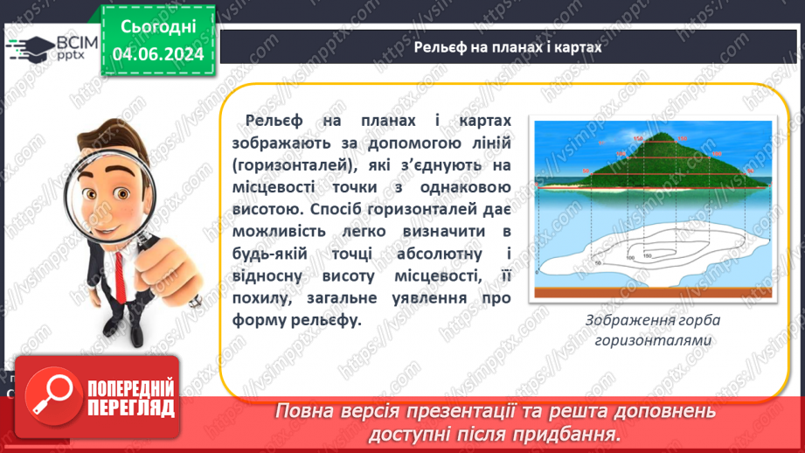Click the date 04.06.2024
coord(157,53)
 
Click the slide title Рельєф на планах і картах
coord(508,48)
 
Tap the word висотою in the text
coord(265,209)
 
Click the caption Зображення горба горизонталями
coord(654,330)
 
